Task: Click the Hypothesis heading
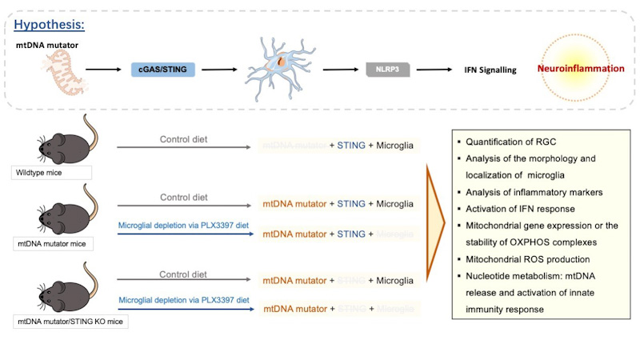click(50, 24)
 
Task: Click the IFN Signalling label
click(490, 70)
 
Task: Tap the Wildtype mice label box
click(50, 173)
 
